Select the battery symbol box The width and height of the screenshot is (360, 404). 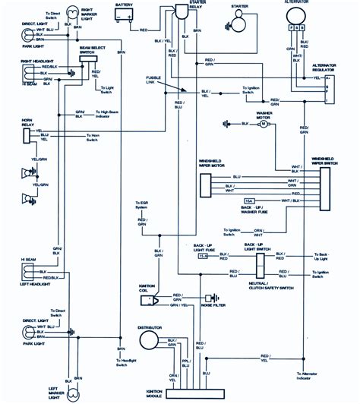coord(124,17)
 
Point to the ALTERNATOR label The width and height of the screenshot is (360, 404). coord(298,3)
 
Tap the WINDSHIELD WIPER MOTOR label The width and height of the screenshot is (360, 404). coord(216,163)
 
